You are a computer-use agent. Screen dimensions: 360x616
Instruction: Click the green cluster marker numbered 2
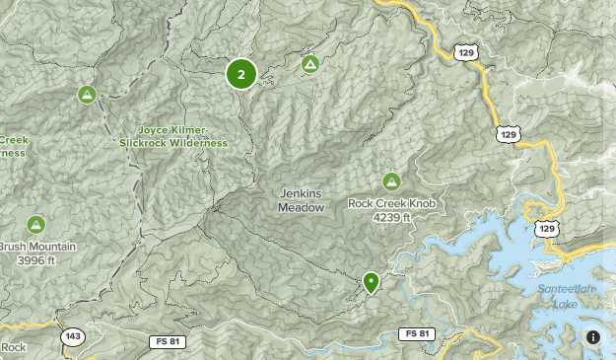241,74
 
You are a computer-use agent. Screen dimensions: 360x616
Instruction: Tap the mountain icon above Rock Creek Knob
391,181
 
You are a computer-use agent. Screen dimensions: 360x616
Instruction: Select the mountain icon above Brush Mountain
36,225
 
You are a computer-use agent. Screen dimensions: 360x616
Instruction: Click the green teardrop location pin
371,282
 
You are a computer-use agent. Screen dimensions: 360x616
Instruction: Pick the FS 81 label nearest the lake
417,334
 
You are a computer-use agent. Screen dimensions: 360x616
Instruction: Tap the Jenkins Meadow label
301,200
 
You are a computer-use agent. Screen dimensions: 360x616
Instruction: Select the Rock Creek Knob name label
391,204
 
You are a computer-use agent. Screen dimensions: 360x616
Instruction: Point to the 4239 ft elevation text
391,217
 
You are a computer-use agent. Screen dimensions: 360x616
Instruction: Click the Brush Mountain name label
35,248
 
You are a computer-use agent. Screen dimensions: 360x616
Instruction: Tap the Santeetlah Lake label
564,295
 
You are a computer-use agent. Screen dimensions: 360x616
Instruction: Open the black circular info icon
593,337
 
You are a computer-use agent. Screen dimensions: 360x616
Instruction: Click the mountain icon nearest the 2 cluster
309,64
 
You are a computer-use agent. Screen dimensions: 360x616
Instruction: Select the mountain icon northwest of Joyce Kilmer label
87,95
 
